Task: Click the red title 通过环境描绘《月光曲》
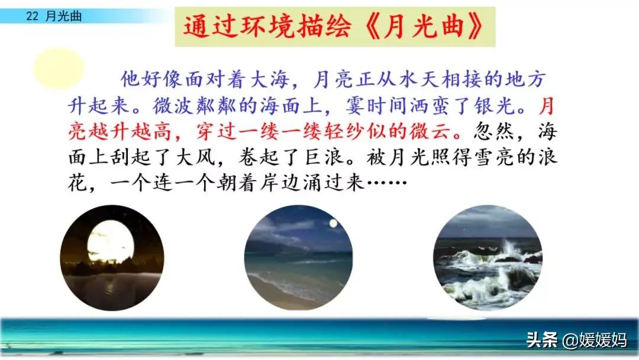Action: pos(334,27)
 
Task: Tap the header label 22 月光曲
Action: pos(54,16)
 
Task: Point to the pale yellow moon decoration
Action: pos(59,68)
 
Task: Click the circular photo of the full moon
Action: pos(112,258)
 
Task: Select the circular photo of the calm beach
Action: pos(298,258)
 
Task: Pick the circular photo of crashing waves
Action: pos(488,258)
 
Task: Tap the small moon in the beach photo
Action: pos(333,223)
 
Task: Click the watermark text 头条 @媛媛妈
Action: pos(576,340)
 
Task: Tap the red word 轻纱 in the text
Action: pos(345,131)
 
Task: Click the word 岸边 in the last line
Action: pos(281,182)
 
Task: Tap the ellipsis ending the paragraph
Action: pos(387,182)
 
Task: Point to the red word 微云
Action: pos(430,131)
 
